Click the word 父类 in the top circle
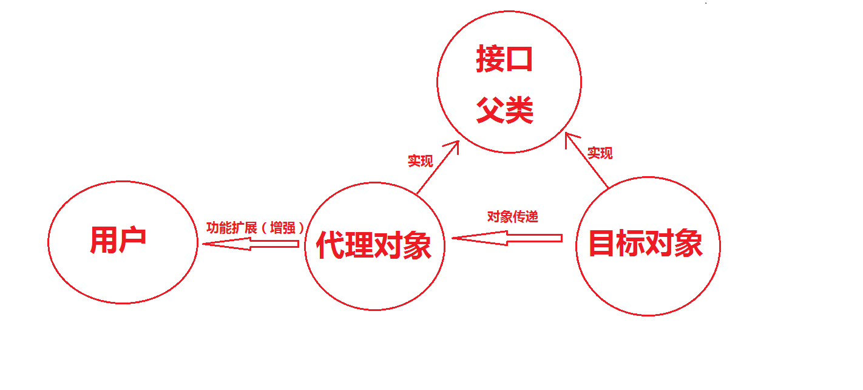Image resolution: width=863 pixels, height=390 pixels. click(x=504, y=111)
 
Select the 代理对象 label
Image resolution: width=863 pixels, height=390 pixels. click(x=374, y=246)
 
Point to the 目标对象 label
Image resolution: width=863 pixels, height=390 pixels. click(x=646, y=244)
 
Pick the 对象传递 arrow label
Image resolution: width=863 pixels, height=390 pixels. click(x=513, y=216)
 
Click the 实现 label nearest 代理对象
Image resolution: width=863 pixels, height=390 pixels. click(x=420, y=161)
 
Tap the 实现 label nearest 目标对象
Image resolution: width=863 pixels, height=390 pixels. click(x=600, y=153)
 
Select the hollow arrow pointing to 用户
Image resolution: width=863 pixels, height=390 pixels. click(x=250, y=244)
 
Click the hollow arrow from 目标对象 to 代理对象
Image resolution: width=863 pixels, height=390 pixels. click(x=507, y=239)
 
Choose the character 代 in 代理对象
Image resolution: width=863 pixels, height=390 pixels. click(x=331, y=246)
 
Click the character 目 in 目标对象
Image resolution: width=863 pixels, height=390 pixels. click(x=602, y=244)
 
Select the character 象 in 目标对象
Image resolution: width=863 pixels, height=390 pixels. click(x=689, y=244)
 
